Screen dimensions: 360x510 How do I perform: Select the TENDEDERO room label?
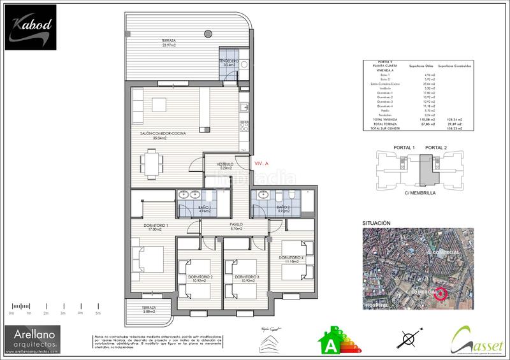tap(229, 62)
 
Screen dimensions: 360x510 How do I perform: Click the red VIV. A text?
tap(262, 163)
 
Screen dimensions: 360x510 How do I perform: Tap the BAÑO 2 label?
tap(284, 208)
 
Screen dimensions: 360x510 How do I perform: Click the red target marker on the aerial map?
tap(439, 294)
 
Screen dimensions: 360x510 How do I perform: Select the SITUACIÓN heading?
tap(375, 223)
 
